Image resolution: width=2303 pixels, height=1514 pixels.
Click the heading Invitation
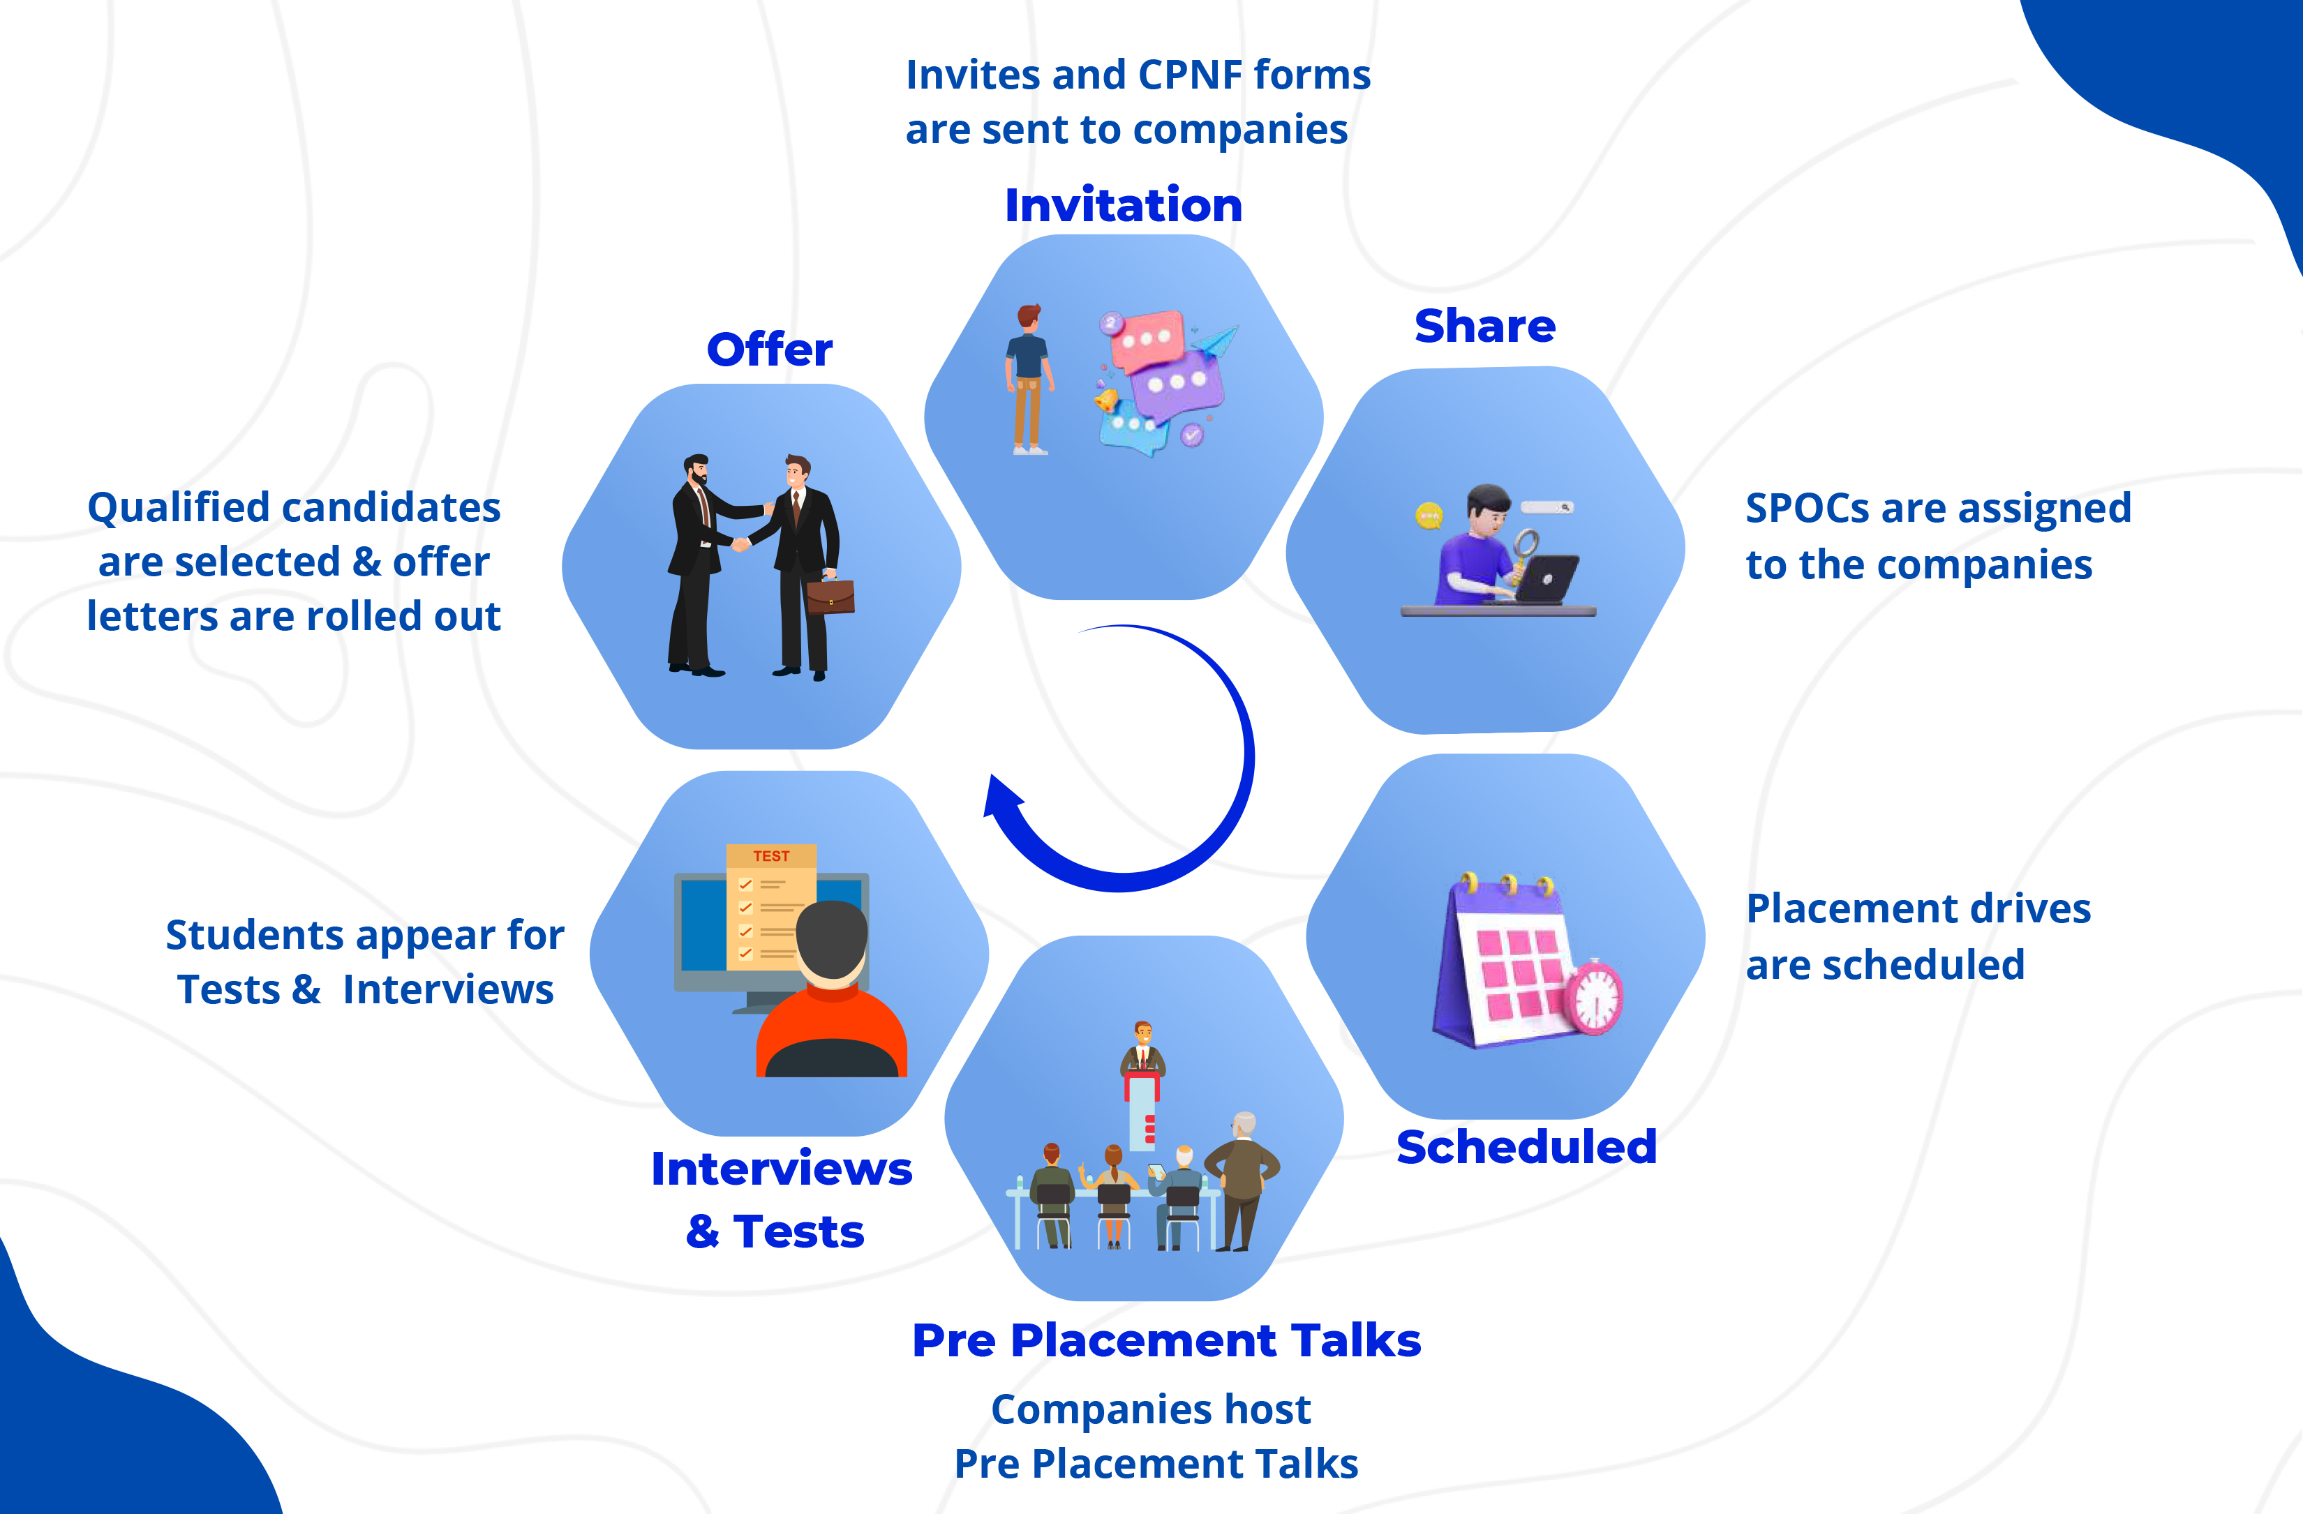pos(1124,205)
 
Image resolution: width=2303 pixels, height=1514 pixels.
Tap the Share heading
pos(1484,326)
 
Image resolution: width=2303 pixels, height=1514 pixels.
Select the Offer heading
pos(769,350)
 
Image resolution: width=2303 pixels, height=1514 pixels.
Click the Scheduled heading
pos(1526,1146)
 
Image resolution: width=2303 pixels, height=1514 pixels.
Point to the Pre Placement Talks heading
pos(1166,1340)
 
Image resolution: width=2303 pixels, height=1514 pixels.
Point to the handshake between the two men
pos(740,544)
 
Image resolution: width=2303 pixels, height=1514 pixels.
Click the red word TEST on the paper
pos(771,856)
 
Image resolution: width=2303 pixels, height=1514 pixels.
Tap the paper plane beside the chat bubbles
pos(1216,340)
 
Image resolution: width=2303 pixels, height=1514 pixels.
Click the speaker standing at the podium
pos(1143,1049)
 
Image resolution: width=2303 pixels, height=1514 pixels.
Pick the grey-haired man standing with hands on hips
pos(1242,1176)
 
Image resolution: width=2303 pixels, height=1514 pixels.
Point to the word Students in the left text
pos(255,936)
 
